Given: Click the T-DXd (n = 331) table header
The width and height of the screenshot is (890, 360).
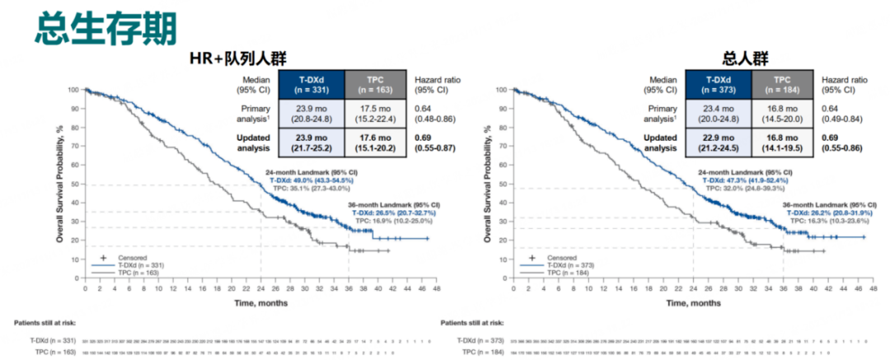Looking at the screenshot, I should (x=311, y=83).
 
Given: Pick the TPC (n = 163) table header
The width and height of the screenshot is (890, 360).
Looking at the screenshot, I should (x=376, y=83).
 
